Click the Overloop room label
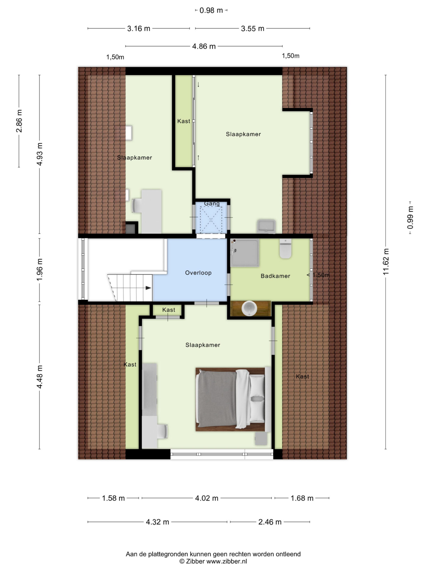[198, 273]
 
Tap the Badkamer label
[275, 276]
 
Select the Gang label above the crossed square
[212, 204]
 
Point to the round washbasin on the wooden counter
[249, 309]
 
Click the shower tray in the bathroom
[244, 253]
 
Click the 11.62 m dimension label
[386, 262]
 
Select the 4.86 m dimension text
[204, 46]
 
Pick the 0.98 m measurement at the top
[211, 10]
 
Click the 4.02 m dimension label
[207, 498]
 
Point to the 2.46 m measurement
[270, 522]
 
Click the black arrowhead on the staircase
[149, 288]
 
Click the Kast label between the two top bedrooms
[184, 121]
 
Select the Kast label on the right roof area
[302, 377]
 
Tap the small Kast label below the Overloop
[169, 310]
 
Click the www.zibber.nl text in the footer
[227, 562]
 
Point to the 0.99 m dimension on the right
[410, 217]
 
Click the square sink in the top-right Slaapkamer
[266, 226]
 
